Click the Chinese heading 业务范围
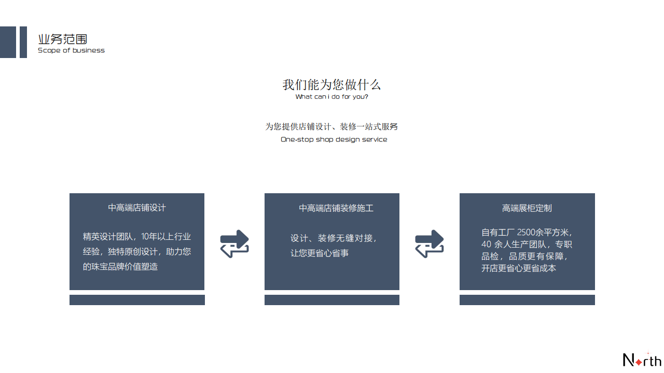click(63, 39)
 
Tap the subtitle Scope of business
click(71, 50)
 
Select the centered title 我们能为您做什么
click(331, 84)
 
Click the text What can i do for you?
click(331, 97)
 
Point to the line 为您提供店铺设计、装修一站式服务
click(331, 127)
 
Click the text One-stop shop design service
click(334, 139)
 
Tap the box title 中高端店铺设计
click(137, 208)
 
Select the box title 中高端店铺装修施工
click(336, 208)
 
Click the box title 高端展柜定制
click(527, 208)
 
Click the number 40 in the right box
click(486, 244)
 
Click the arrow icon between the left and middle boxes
click(234, 244)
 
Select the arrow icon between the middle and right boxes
click(429, 244)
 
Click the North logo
click(642, 360)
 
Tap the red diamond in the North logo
click(639, 362)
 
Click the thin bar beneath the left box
click(137, 300)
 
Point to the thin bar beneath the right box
click(527, 300)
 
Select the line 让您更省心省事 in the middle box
click(319, 253)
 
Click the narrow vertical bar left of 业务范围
click(23, 42)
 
